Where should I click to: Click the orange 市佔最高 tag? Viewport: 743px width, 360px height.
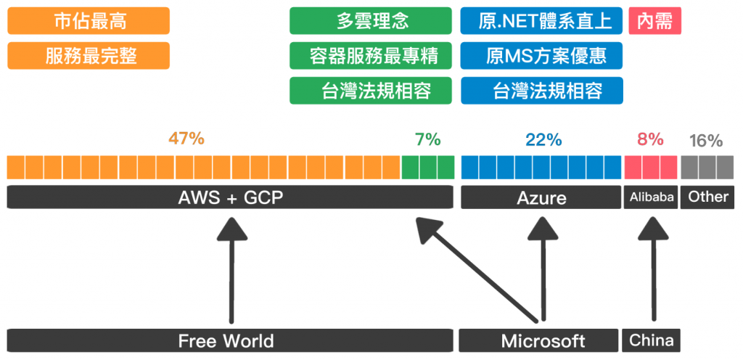click(88, 20)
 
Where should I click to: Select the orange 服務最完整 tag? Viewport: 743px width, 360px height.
click(88, 55)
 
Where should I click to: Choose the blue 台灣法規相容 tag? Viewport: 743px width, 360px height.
click(541, 90)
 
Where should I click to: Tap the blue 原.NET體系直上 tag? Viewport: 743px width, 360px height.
click(541, 20)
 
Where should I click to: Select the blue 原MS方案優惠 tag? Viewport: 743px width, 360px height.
click(541, 55)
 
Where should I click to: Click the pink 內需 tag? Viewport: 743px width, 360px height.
click(654, 20)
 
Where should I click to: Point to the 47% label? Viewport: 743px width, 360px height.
click(186, 139)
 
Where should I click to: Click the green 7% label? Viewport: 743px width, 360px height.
click(428, 139)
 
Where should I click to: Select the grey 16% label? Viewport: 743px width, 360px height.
click(705, 141)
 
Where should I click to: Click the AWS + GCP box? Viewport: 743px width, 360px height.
click(230, 197)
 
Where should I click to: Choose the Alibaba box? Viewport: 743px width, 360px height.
click(651, 197)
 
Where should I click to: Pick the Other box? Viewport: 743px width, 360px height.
click(707, 197)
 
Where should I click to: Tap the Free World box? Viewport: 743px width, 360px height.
click(226, 340)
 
